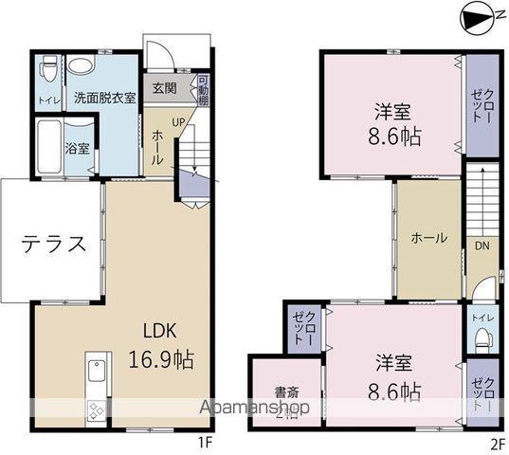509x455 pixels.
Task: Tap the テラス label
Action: coord(54,244)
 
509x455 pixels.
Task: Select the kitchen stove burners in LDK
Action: coord(97,410)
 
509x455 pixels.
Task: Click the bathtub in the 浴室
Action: coord(47,149)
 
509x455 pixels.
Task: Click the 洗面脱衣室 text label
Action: coord(105,97)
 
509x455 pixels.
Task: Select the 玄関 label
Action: coord(164,89)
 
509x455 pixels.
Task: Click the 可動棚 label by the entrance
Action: coord(203,90)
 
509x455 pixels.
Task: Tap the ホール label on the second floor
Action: coord(428,239)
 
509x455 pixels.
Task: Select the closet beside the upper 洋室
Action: coord(480,106)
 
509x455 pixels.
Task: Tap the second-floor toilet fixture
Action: coord(481,335)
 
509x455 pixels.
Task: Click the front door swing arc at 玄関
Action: coord(162,54)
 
